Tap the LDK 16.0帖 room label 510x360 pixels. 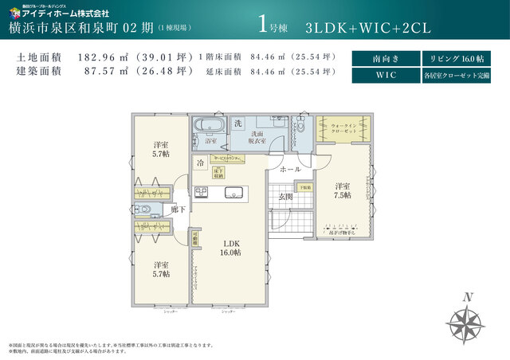point(231,248)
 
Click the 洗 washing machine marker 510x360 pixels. point(238,123)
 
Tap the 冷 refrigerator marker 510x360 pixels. point(200,162)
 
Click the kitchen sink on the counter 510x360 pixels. point(236,192)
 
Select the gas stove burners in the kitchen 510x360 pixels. point(201,192)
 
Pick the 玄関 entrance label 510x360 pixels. point(284,196)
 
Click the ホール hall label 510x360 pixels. point(289,170)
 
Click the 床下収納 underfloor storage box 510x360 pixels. point(218,170)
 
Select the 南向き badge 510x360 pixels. point(384,59)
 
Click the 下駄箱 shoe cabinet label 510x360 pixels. point(306,187)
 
